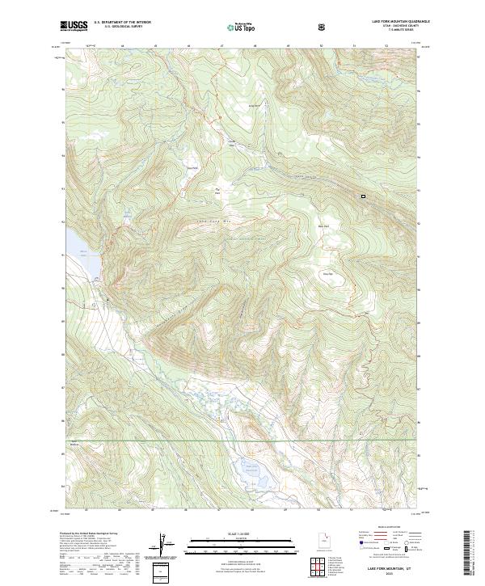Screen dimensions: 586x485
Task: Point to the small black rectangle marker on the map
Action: pos(363,196)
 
